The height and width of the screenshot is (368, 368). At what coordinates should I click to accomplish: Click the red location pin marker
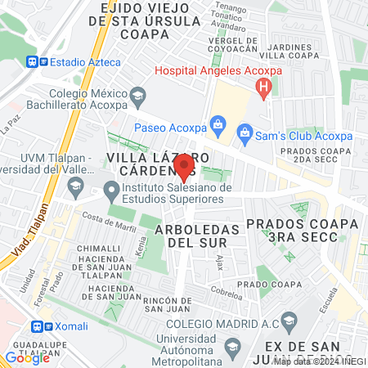(184, 165)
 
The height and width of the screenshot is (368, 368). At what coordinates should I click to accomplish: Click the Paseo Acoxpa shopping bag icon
(218, 123)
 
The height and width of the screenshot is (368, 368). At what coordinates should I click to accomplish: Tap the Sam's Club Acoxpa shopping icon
(244, 131)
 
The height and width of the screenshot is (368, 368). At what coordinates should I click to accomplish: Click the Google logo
(27, 357)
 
